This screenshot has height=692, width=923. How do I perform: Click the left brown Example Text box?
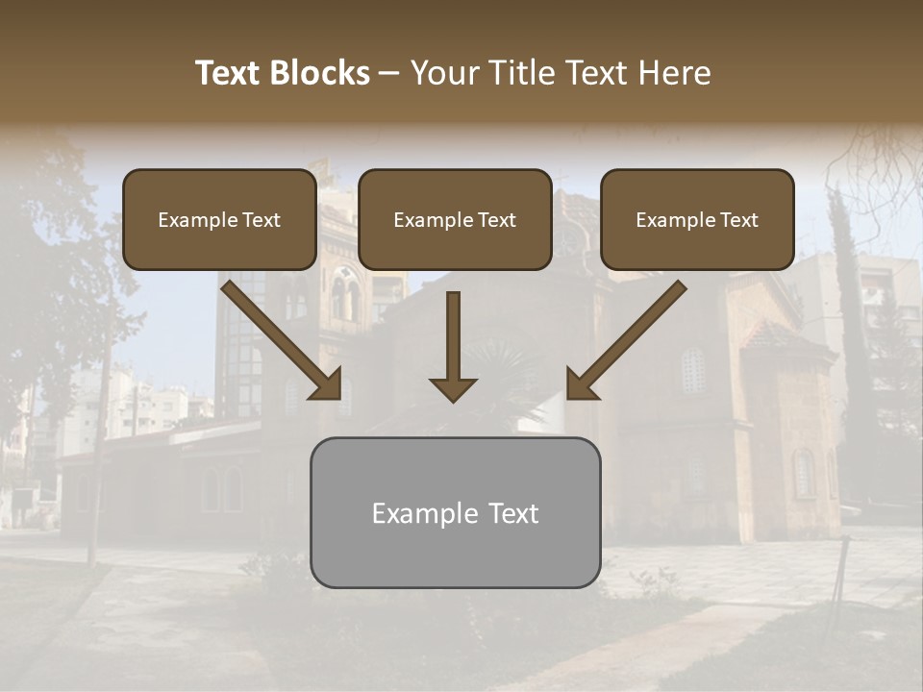(219, 219)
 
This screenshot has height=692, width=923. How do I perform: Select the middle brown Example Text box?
(455, 219)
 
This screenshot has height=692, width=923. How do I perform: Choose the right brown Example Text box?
(697, 219)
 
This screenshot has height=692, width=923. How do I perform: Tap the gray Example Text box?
(455, 512)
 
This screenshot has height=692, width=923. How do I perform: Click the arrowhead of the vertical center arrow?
(453, 388)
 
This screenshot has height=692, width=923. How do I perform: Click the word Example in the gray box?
(424, 513)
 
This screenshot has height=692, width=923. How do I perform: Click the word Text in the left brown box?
(261, 220)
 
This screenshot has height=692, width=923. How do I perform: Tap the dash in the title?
(389, 74)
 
